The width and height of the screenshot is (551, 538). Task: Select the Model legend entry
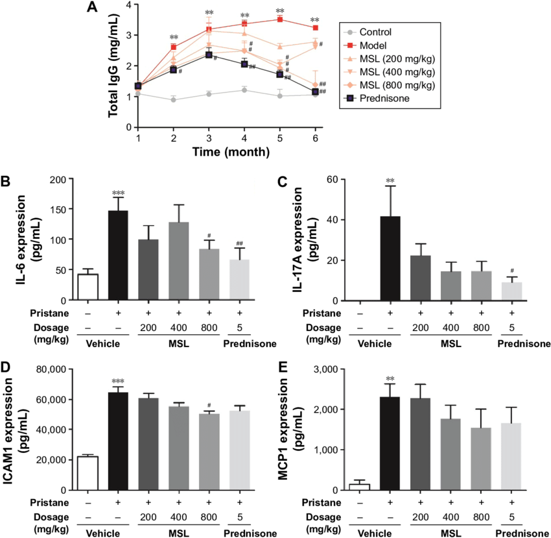pyautogui.click(x=373, y=45)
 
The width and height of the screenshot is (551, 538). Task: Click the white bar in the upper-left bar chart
pyautogui.click(x=88, y=287)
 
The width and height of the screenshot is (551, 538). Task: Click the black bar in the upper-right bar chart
pyautogui.click(x=390, y=258)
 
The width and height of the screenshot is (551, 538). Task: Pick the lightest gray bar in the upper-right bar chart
pyautogui.click(x=511, y=291)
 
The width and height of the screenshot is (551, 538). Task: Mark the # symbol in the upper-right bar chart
pyautogui.click(x=511, y=271)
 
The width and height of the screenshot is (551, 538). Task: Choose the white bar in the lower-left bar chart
pyautogui.click(x=88, y=474)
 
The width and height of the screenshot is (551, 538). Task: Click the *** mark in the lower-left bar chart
pyautogui.click(x=118, y=382)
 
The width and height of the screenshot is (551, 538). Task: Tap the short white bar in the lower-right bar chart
pyautogui.click(x=359, y=487)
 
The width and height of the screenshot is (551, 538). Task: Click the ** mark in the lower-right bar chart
pyautogui.click(x=390, y=379)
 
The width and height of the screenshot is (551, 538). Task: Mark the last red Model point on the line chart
pyautogui.click(x=315, y=27)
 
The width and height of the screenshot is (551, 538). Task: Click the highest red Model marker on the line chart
pyautogui.click(x=280, y=19)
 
